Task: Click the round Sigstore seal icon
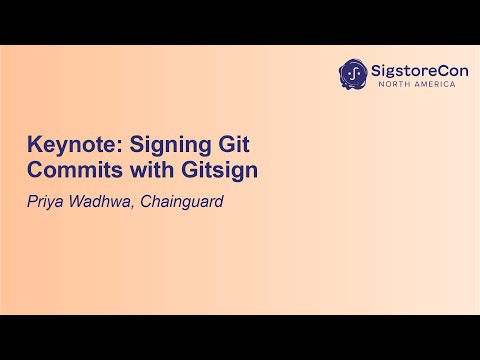(x=353, y=73)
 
